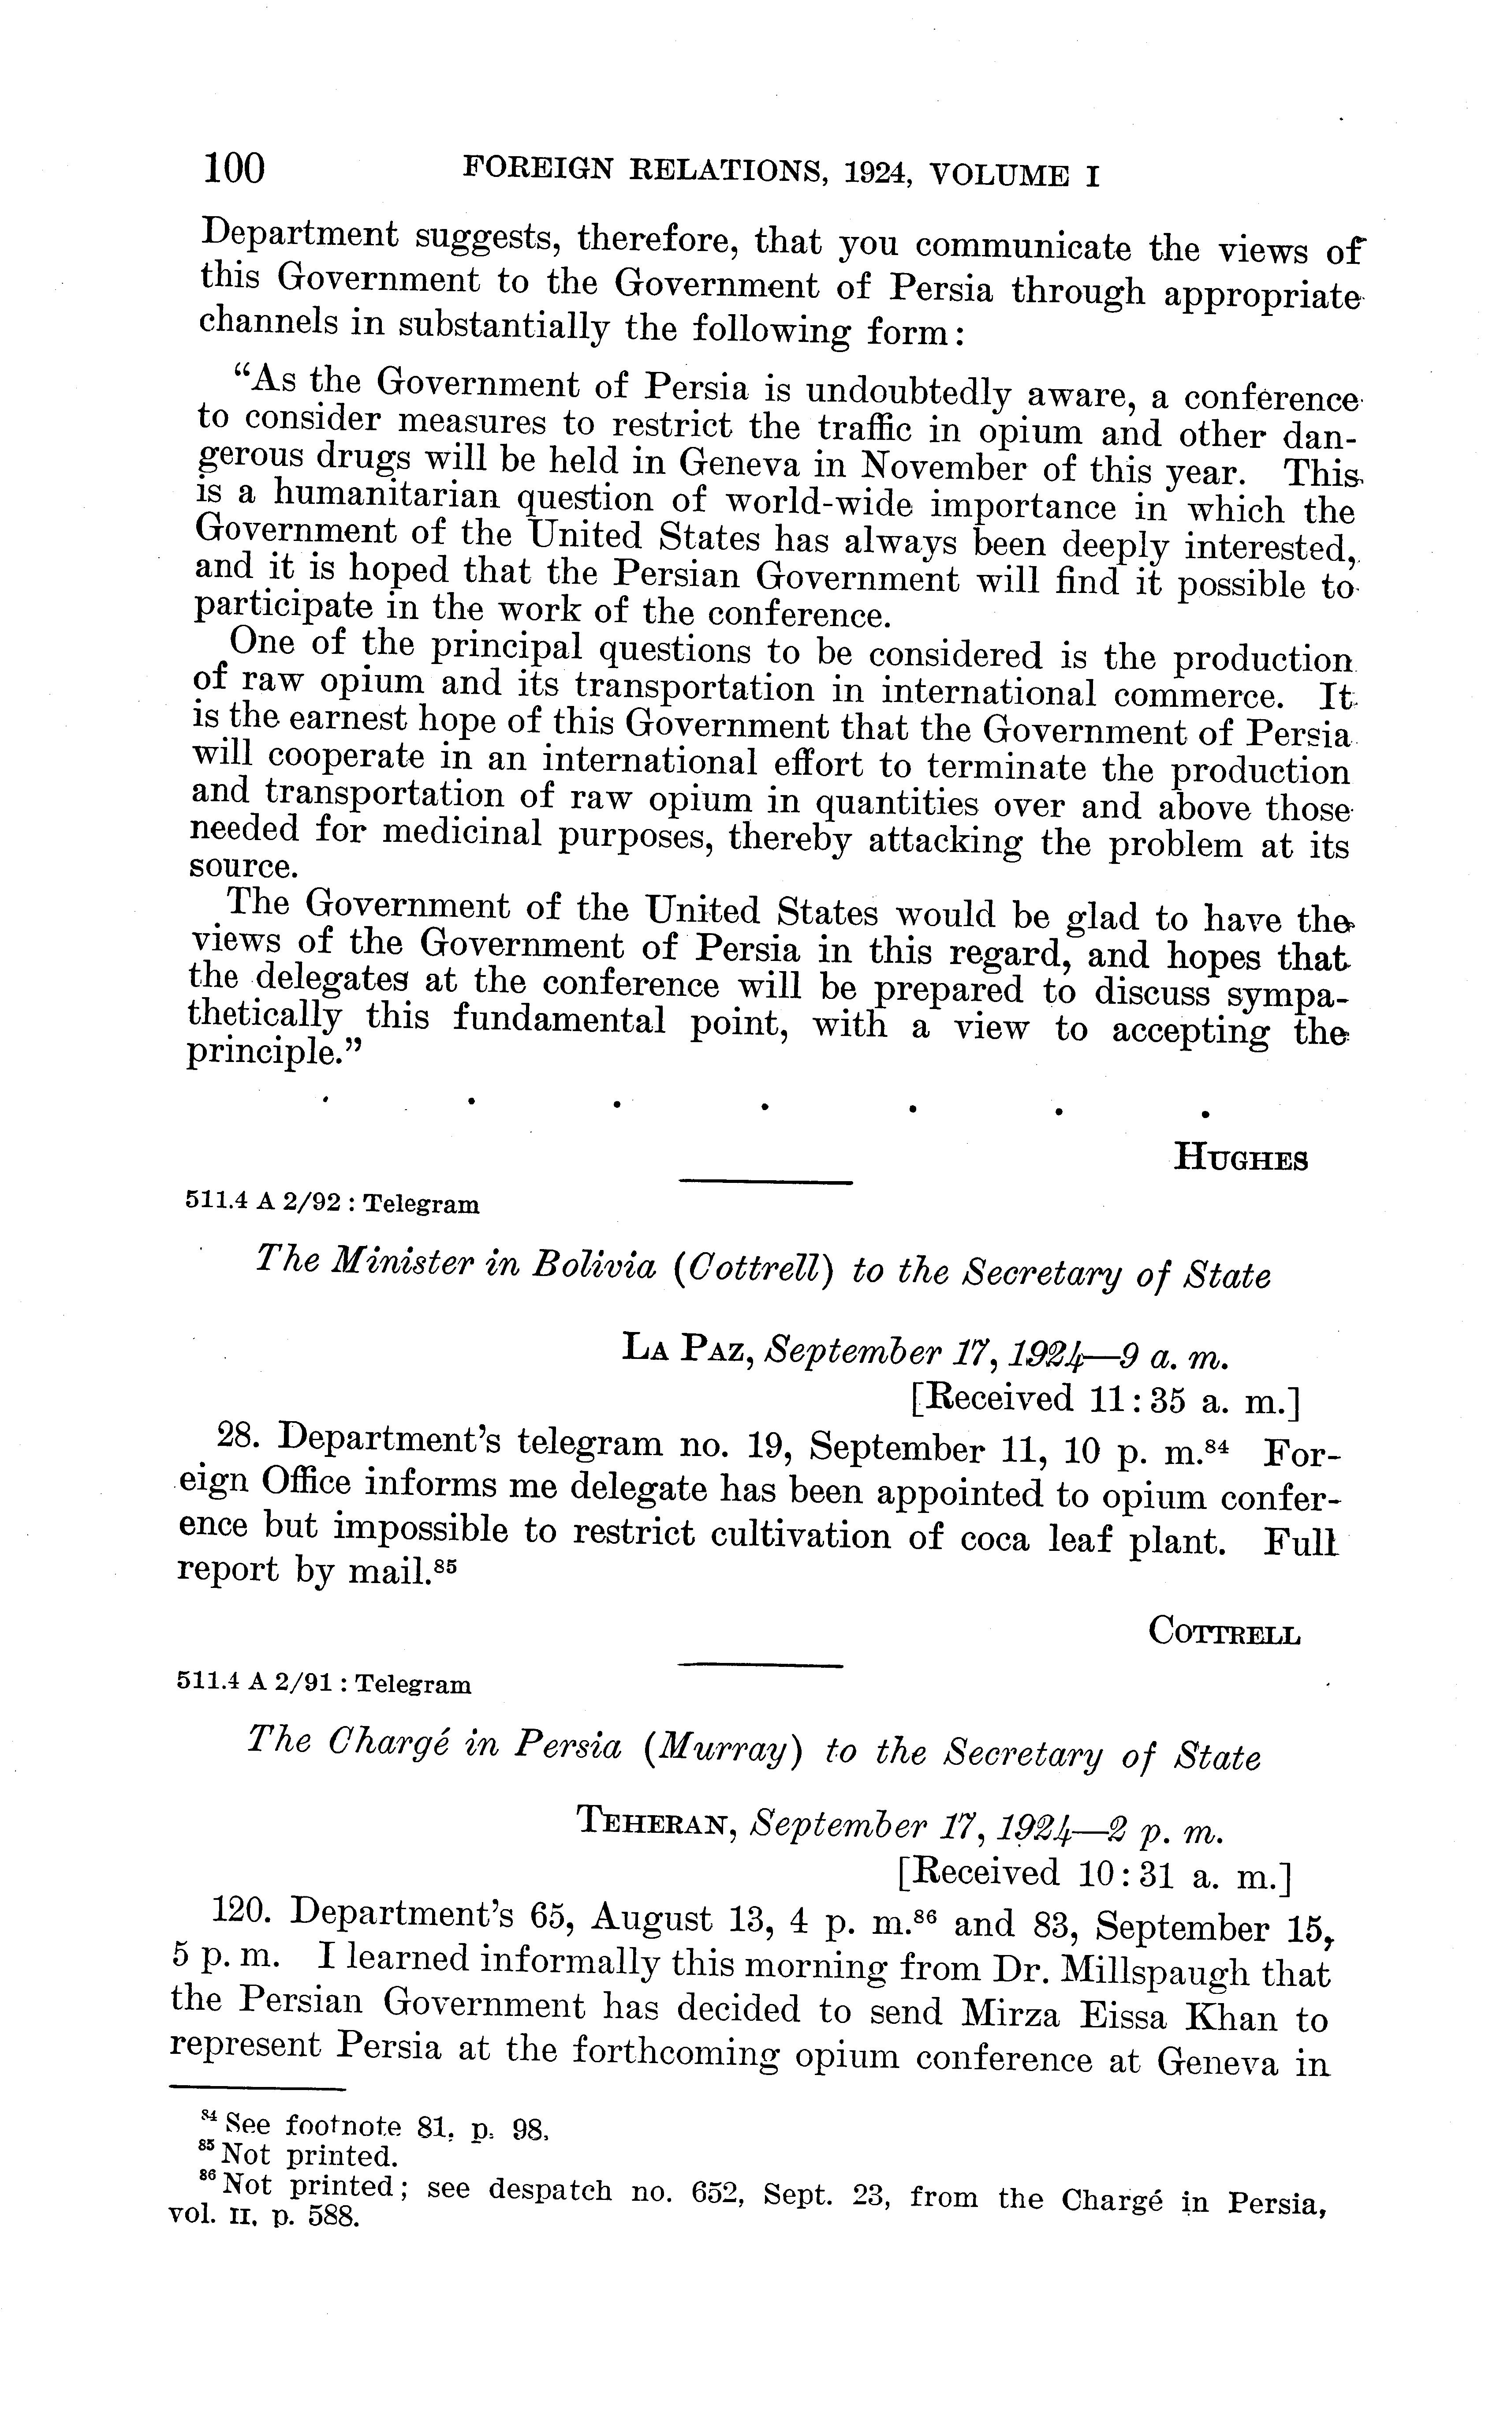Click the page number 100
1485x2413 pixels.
tap(234, 169)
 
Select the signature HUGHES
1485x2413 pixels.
tap(1242, 1160)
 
